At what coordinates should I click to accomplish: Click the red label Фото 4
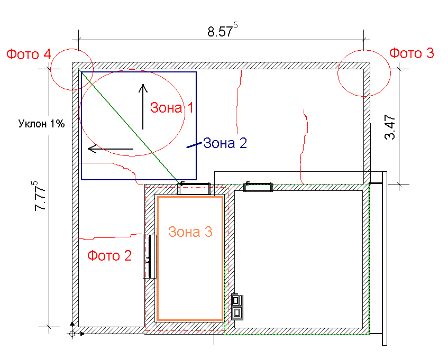[x=29, y=54]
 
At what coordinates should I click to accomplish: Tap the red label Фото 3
[x=412, y=53]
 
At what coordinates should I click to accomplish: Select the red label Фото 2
[x=109, y=255]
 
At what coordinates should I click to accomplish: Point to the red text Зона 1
[x=172, y=108]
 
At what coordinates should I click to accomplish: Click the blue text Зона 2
[x=225, y=143]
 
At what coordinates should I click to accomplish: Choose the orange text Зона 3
[x=190, y=232]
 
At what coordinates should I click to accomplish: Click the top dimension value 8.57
[x=220, y=31]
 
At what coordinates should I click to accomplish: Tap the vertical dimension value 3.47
[x=390, y=127]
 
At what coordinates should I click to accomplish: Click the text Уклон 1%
[x=41, y=124]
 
